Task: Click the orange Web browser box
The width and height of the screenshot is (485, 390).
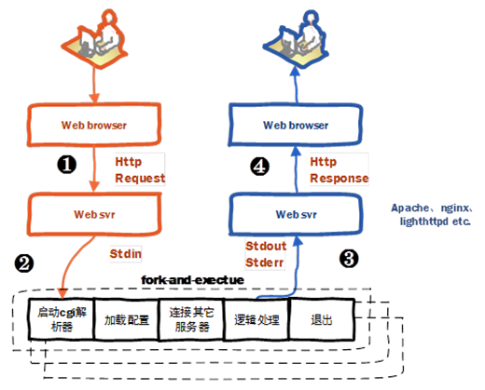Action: pyautogui.click(x=94, y=125)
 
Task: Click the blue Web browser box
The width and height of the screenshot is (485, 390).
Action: pyautogui.click(x=296, y=125)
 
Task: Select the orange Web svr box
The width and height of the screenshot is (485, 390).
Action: pyautogui.click(x=94, y=214)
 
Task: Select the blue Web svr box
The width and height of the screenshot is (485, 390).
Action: pyautogui.click(x=296, y=214)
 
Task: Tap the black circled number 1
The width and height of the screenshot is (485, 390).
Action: pyautogui.click(x=66, y=164)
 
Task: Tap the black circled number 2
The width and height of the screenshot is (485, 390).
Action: pyautogui.click(x=24, y=263)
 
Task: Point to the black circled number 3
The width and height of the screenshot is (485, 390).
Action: pyautogui.click(x=349, y=259)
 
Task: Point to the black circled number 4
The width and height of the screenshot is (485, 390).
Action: pyautogui.click(x=259, y=167)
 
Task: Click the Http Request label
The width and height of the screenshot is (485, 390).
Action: pyautogui.click(x=140, y=169)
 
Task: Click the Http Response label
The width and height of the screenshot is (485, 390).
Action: pyautogui.click(x=339, y=169)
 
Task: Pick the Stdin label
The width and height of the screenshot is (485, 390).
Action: pyautogui.click(x=126, y=254)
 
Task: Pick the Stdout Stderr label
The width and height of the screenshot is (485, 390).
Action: pyautogui.click(x=266, y=254)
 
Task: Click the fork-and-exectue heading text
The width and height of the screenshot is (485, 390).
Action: pyautogui.click(x=192, y=280)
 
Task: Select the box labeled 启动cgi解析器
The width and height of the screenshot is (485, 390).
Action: pyautogui.click(x=62, y=319)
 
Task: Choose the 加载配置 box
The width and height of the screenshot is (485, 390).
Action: pyautogui.click(x=127, y=319)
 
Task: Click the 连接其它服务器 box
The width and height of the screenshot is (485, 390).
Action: pyautogui.click(x=191, y=319)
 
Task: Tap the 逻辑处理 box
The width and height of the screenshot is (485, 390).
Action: pyautogui.click(x=256, y=319)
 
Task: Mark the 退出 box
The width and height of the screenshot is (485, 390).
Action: pyautogui.click(x=322, y=319)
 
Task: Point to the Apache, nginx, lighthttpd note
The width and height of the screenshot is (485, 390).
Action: pyautogui.click(x=432, y=214)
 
